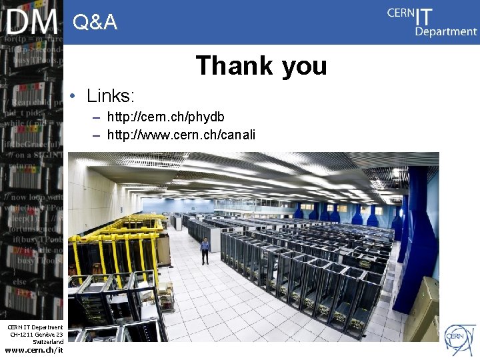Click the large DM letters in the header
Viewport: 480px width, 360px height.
click(x=31, y=21)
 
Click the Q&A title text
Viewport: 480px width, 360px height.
click(x=95, y=23)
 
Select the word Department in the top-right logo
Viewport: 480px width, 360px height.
click(x=446, y=31)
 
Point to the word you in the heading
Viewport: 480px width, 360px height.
click(x=304, y=66)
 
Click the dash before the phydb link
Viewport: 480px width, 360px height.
click(x=97, y=118)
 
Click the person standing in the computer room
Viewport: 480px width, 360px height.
click(x=205, y=251)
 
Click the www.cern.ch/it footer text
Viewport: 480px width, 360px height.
click(x=34, y=349)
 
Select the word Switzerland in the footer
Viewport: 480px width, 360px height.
click(x=48, y=341)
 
